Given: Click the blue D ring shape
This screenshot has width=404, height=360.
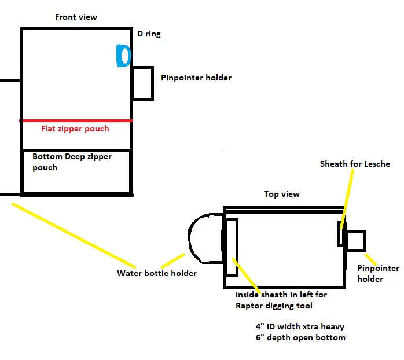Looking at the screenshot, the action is click(118, 56).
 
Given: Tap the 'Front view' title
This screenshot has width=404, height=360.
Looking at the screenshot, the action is click(76, 17).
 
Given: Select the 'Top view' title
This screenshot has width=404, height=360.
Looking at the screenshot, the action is click(282, 194).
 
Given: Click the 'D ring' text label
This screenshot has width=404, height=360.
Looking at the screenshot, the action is click(149, 34).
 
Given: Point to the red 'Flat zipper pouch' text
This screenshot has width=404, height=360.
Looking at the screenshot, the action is click(75, 128).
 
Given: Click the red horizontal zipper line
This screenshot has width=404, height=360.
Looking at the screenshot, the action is click(76, 120).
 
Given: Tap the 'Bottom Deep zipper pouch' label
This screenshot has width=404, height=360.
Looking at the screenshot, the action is click(72, 162).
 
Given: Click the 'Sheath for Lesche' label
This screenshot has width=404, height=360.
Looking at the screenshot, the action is click(355, 164).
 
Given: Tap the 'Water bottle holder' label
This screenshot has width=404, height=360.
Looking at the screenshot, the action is click(157, 273).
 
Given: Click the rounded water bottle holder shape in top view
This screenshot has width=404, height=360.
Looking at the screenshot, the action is click(190, 238).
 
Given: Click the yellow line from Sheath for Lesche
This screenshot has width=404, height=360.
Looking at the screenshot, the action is click(347, 199).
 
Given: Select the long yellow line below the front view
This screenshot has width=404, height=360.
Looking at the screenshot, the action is click(74, 236).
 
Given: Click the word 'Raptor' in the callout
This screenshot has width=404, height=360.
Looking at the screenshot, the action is click(249, 306).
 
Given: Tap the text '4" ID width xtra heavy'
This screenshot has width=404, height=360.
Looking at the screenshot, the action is click(300, 327).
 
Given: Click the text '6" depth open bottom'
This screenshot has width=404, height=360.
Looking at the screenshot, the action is click(300, 337).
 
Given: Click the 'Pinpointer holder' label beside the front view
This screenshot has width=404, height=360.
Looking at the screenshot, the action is click(196, 78).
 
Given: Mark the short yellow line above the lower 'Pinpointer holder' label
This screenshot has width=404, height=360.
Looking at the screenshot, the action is click(371, 259).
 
